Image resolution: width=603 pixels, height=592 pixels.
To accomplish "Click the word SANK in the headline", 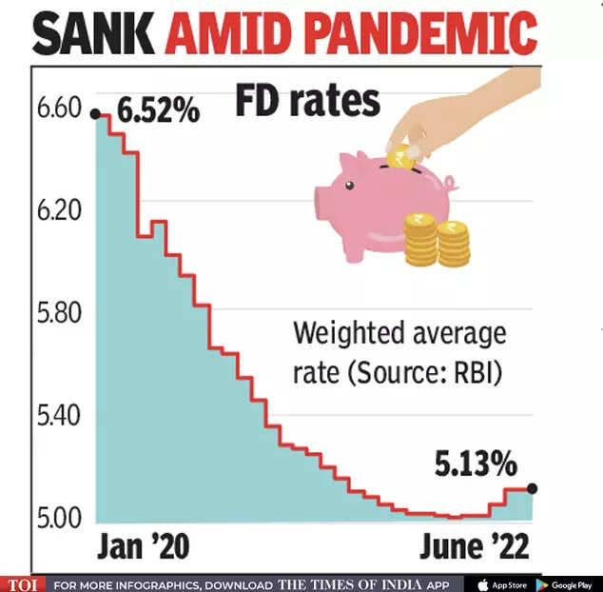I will pos(95,34).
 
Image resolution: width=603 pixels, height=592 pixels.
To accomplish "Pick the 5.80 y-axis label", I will pos(60,314).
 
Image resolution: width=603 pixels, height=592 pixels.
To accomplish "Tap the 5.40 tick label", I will pos(60,416).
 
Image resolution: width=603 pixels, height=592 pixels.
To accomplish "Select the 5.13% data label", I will pos(476,465).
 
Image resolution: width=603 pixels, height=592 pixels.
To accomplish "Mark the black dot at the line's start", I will pos(95,114).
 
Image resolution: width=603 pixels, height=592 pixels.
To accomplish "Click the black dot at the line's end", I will pos(532,488).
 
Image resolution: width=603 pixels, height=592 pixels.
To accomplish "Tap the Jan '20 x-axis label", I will pos(144,547).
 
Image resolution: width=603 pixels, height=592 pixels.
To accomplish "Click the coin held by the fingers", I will pos(401,159).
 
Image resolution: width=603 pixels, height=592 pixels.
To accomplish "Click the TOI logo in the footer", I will pos(22,583).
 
